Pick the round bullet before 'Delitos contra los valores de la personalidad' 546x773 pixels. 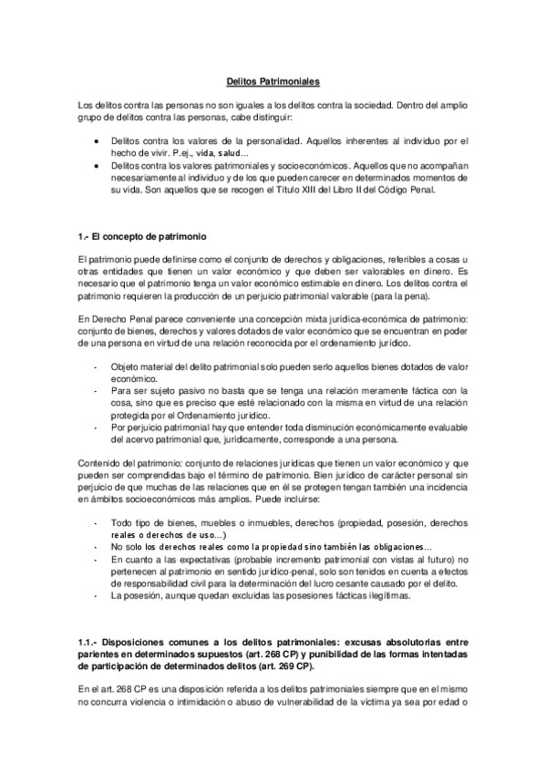pyautogui.click(x=98, y=142)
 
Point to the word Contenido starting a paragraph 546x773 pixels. pyautogui.click(x=99, y=462)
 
